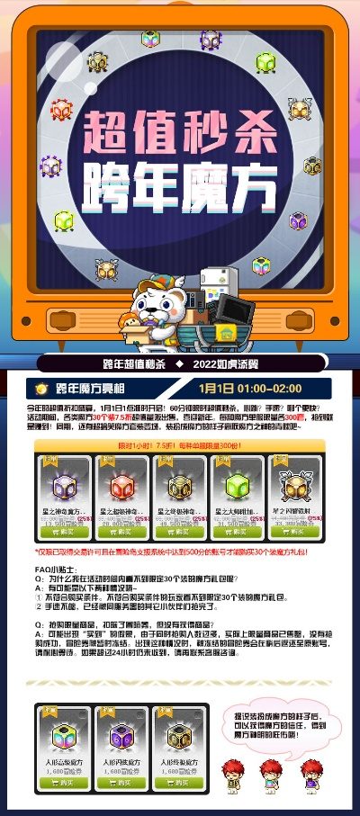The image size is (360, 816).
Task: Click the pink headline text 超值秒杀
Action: (179, 132)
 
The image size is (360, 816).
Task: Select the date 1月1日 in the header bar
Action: (216, 389)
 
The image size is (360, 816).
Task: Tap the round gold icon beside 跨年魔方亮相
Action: (40, 389)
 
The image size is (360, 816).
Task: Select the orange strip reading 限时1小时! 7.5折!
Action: (179, 444)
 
